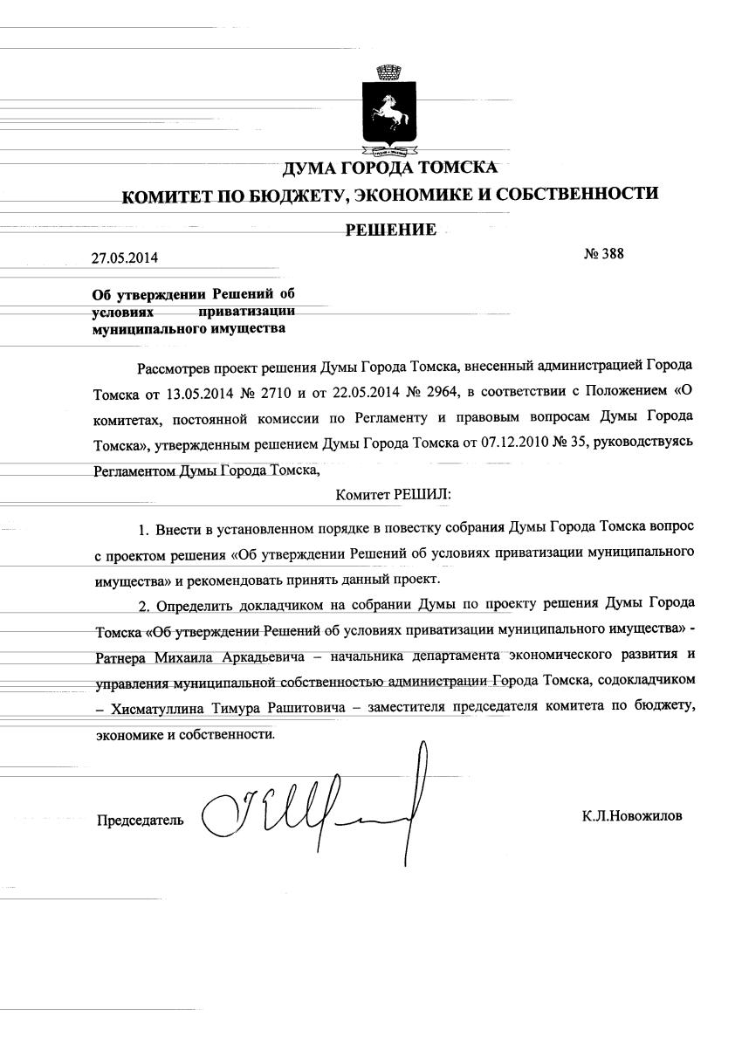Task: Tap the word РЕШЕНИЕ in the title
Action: pos(391,230)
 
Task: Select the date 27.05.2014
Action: pos(126,258)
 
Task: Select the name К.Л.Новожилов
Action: pos(632,817)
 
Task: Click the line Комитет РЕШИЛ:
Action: pos(393,494)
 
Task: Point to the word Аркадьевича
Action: pos(259,655)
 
